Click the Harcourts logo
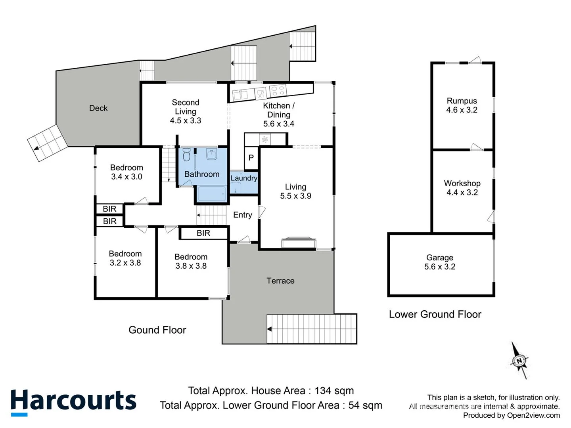click(x=73, y=402)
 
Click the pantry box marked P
click(x=251, y=158)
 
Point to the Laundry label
click(x=244, y=178)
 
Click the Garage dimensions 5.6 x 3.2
click(x=440, y=267)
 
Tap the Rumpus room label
click(x=462, y=101)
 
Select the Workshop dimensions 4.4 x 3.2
click(x=462, y=193)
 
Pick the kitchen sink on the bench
click(x=240, y=95)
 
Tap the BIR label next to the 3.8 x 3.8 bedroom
click(x=203, y=233)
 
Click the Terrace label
click(x=280, y=281)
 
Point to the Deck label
click(x=98, y=108)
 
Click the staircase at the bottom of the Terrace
click(x=312, y=329)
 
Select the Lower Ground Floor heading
click(x=435, y=315)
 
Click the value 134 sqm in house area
click(x=334, y=391)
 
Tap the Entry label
click(x=242, y=215)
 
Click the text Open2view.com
click(x=533, y=415)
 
